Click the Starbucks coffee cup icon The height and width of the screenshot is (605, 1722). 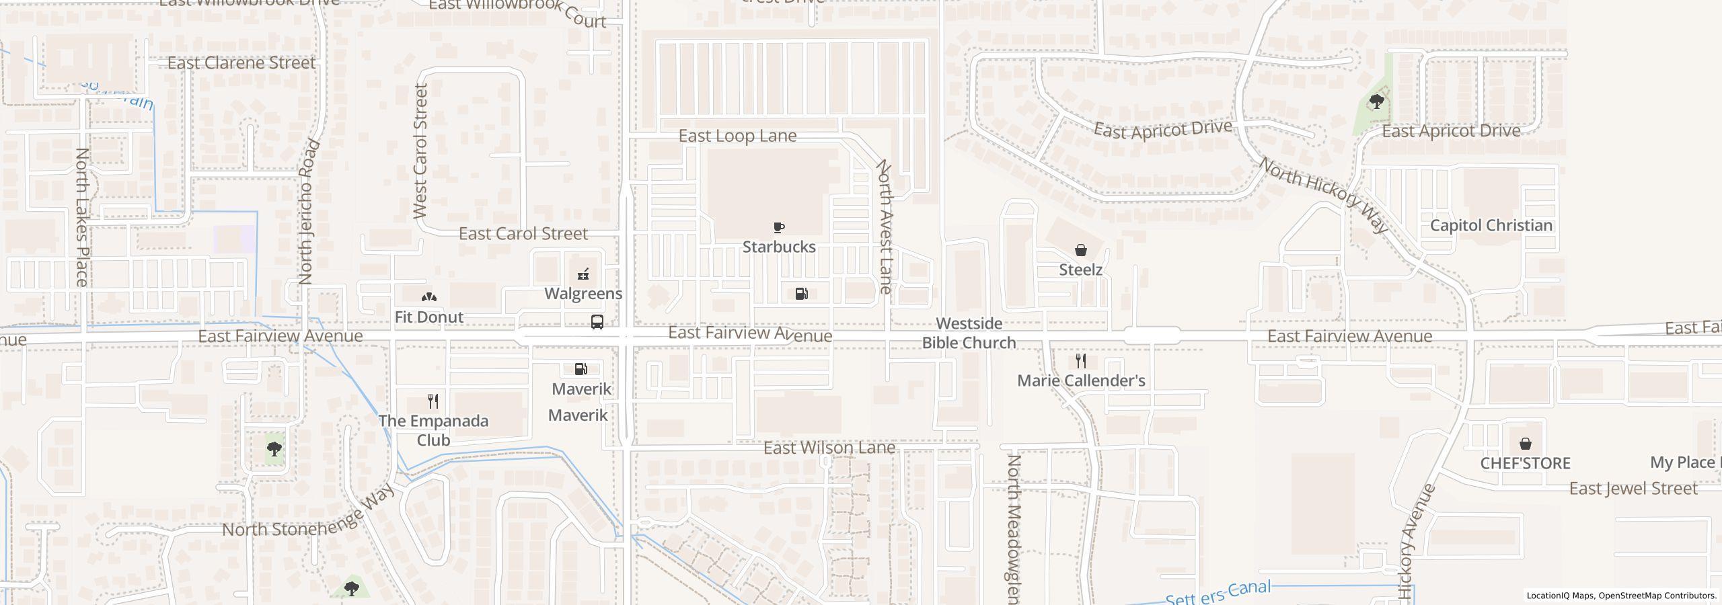click(x=778, y=227)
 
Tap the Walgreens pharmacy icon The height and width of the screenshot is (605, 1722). click(x=583, y=274)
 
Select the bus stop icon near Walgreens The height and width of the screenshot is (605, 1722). click(x=597, y=321)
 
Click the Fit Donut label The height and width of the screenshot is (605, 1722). click(x=428, y=317)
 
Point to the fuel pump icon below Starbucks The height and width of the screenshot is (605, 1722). click(x=801, y=294)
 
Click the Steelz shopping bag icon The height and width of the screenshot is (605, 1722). click(x=1080, y=250)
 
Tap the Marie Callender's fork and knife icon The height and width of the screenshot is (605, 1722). click(x=1080, y=361)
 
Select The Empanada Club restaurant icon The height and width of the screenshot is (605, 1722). click(x=433, y=401)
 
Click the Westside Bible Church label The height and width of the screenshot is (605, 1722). click(x=969, y=333)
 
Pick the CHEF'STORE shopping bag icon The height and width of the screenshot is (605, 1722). click(x=1525, y=444)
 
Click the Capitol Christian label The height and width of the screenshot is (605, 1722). click(x=1491, y=225)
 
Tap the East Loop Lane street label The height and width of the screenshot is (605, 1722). click(x=737, y=136)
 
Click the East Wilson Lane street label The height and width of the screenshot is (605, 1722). click(x=829, y=448)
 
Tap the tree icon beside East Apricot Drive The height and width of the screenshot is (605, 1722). click(x=1376, y=102)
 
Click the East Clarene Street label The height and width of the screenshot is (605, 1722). click(x=241, y=63)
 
